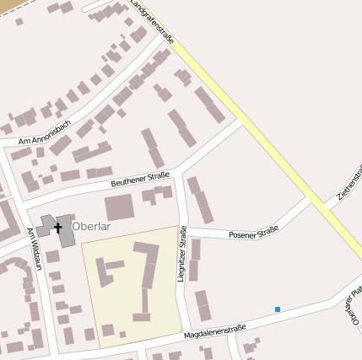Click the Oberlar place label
92,227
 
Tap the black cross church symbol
58,227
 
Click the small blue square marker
277,309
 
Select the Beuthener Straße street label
141,178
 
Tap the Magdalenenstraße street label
215,330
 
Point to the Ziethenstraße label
349,181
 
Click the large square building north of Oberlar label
119,207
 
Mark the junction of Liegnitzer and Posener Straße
183,228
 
